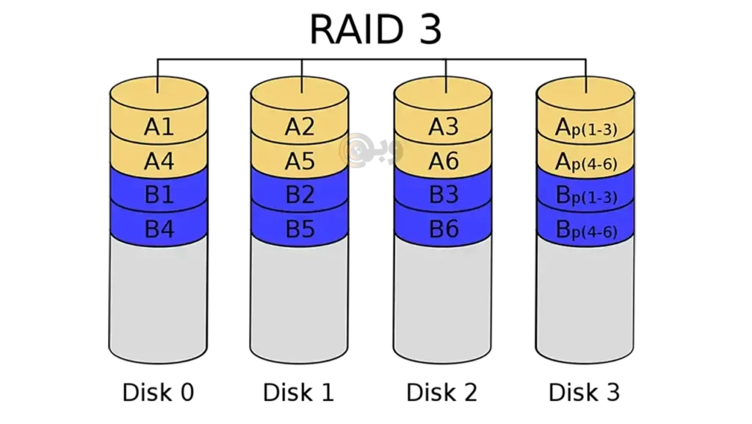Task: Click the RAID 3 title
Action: point(375,29)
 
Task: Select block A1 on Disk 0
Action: point(159,126)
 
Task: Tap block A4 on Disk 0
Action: point(159,161)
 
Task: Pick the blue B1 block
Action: point(159,195)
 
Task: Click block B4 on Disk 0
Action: point(159,229)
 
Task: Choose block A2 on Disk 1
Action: point(300,126)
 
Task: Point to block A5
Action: point(300,161)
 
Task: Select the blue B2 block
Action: point(300,195)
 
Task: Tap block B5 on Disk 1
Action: point(300,229)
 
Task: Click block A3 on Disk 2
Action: point(443,126)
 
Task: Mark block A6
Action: point(443,161)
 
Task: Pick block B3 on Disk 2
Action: point(443,195)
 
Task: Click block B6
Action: point(443,229)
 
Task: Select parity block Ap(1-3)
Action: point(585,127)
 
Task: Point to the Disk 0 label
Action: point(159,392)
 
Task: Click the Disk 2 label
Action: point(441,392)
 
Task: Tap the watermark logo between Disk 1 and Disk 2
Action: point(371,150)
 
